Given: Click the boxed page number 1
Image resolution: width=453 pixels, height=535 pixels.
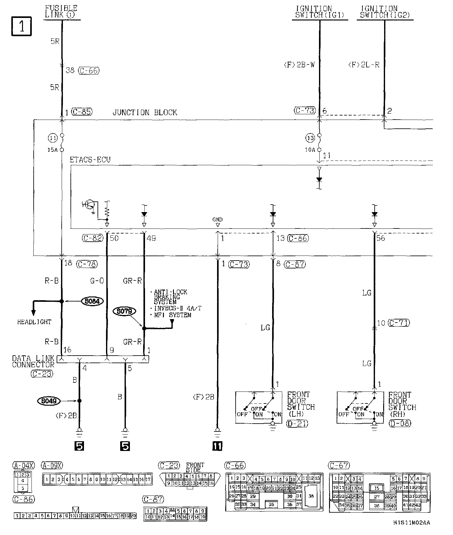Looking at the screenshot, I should (22, 26).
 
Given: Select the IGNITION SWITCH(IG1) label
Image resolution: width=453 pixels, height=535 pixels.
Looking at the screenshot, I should (320, 12).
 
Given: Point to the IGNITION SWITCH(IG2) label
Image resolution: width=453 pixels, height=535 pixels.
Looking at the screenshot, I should (385, 12).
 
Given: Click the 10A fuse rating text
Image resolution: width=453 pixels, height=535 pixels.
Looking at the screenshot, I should (310, 150).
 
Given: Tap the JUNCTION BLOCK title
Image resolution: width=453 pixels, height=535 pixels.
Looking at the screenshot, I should (145, 113).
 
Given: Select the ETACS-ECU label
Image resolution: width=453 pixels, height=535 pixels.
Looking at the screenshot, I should (90, 160).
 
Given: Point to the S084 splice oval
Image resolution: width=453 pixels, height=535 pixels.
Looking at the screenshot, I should (92, 301).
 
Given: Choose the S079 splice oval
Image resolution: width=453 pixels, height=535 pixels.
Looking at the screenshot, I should (124, 312).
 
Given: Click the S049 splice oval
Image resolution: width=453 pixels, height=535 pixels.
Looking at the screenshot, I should (48, 401).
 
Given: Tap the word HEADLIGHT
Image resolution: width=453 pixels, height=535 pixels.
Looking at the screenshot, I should (34, 322).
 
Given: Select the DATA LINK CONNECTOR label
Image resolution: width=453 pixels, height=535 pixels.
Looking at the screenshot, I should (33, 362).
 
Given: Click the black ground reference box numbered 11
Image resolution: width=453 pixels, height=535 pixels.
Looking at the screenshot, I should (217, 446).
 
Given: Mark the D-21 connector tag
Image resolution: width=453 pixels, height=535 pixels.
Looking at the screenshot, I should (297, 424).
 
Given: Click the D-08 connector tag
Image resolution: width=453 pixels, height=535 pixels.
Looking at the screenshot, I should (400, 424).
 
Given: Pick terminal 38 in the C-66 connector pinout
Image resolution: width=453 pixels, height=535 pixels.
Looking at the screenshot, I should (311, 496).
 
